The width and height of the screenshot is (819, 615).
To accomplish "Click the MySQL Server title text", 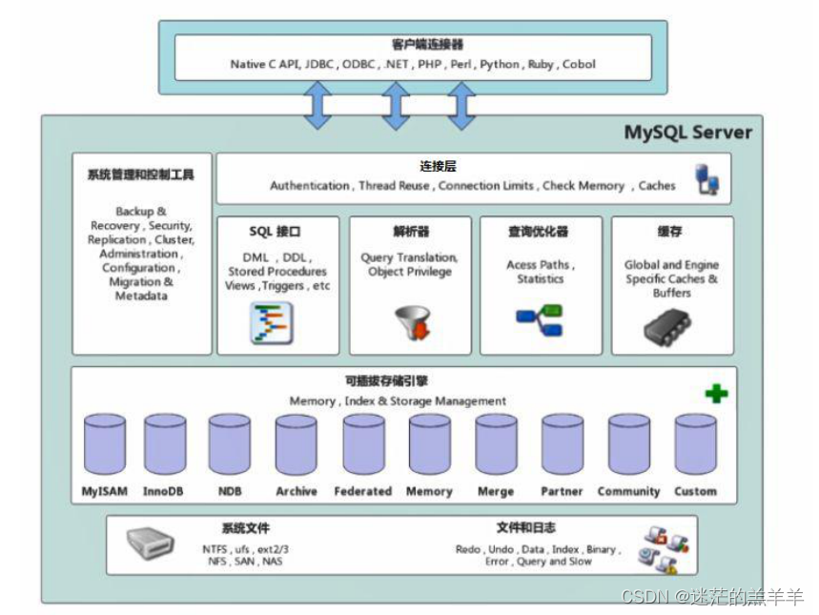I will [x=687, y=133].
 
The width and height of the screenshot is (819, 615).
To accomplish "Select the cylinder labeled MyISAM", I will [x=104, y=444].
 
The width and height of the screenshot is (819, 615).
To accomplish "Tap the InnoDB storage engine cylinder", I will [x=165, y=444].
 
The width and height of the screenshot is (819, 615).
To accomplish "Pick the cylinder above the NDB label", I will [x=229, y=444].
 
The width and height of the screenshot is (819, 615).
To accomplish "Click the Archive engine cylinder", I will [x=296, y=444].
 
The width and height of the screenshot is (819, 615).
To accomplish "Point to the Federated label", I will [x=362, y=491].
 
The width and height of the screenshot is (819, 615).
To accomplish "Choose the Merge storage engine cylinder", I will [x=496, y=444].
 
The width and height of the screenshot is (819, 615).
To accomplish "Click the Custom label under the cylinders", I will [x=695, y=491].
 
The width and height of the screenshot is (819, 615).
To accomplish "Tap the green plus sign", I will [x=716, y=393].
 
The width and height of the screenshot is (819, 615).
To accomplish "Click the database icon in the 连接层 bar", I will [x=707, y=179].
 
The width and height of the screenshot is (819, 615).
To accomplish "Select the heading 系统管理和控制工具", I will [x=140, y=174].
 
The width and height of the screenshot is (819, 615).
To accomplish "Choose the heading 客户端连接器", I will [x=414, y=45].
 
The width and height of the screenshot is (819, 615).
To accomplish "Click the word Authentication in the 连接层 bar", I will [x=309, y=186].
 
